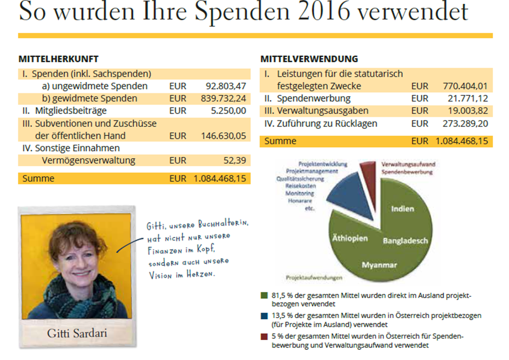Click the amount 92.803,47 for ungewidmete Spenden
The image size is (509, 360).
tap(226, 86)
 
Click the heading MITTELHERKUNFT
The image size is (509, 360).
tap(58, 59)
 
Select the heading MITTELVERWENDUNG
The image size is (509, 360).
tap(309, 59)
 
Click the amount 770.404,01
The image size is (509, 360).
tap(465, 86)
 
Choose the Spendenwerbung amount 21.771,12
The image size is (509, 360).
tap(468, 98)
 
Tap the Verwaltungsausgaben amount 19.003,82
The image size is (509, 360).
tap(468, 111)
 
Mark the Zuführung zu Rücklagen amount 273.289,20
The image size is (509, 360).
tap(465, 123)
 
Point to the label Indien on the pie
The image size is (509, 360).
tap(402, 209)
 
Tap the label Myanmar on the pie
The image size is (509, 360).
tap(379, 265)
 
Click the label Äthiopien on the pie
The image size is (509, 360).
tap(350, 239)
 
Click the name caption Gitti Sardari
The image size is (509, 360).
tap(77, 333)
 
